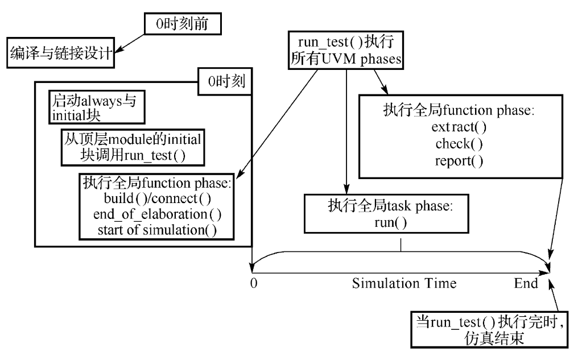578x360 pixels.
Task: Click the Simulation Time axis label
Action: click(x=404, y=283)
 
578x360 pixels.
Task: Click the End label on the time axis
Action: click(x=525, y=283)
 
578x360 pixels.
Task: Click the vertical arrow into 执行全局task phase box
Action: click(x=345, y=136)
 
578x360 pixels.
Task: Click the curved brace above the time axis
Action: click(x=401, y=251)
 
